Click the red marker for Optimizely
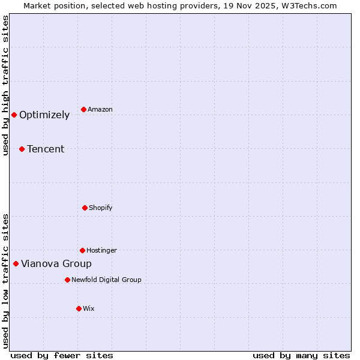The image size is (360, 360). [14, 115]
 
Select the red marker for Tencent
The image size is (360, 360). [22, 149]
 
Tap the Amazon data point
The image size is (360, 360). [83, 109]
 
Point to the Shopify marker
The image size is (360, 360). [85, 208]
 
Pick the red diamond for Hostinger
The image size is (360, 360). [82, 250]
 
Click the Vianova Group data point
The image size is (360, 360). [16, 263]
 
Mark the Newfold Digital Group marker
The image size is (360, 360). [67, 280]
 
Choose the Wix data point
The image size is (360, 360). [79, 308]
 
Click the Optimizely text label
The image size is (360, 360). [44, 115]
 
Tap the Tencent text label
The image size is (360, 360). [46, 149]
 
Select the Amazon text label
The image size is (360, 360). [100, 110]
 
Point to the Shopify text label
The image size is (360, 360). [101, 208]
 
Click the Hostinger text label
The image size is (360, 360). [101, 251]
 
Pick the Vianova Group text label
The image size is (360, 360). [56, 264]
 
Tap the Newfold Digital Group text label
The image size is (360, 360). [106, 280]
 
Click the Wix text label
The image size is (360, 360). [89, 309]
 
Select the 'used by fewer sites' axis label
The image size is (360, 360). [62, 355]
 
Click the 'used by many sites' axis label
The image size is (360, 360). [301, 355]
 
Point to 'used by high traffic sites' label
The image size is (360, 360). [5, 85]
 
